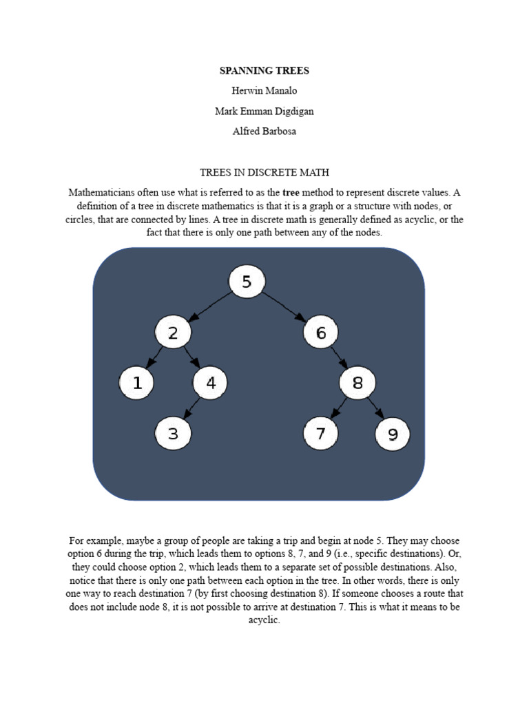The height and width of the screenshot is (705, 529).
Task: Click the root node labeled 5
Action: tap(246, 282)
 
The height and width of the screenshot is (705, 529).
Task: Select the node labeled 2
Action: tap(172, 333)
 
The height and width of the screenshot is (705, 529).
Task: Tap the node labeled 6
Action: tap(320, 333)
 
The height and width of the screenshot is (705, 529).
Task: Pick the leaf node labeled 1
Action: tap(137, 383)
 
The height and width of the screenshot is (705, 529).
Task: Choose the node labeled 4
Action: tap(211, 383)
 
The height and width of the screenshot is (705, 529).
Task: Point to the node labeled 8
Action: tap(357, 383)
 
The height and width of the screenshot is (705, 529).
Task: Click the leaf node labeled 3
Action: tap(172, 434)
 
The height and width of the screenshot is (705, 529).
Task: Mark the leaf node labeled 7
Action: tap(320, 434)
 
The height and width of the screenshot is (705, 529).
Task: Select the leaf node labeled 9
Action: tap(393, 434)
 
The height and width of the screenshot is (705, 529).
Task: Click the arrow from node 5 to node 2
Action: tap(209, 307)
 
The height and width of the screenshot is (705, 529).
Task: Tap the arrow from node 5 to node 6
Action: tap(283, 307)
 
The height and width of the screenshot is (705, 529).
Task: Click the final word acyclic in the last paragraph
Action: tap(264, 620)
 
